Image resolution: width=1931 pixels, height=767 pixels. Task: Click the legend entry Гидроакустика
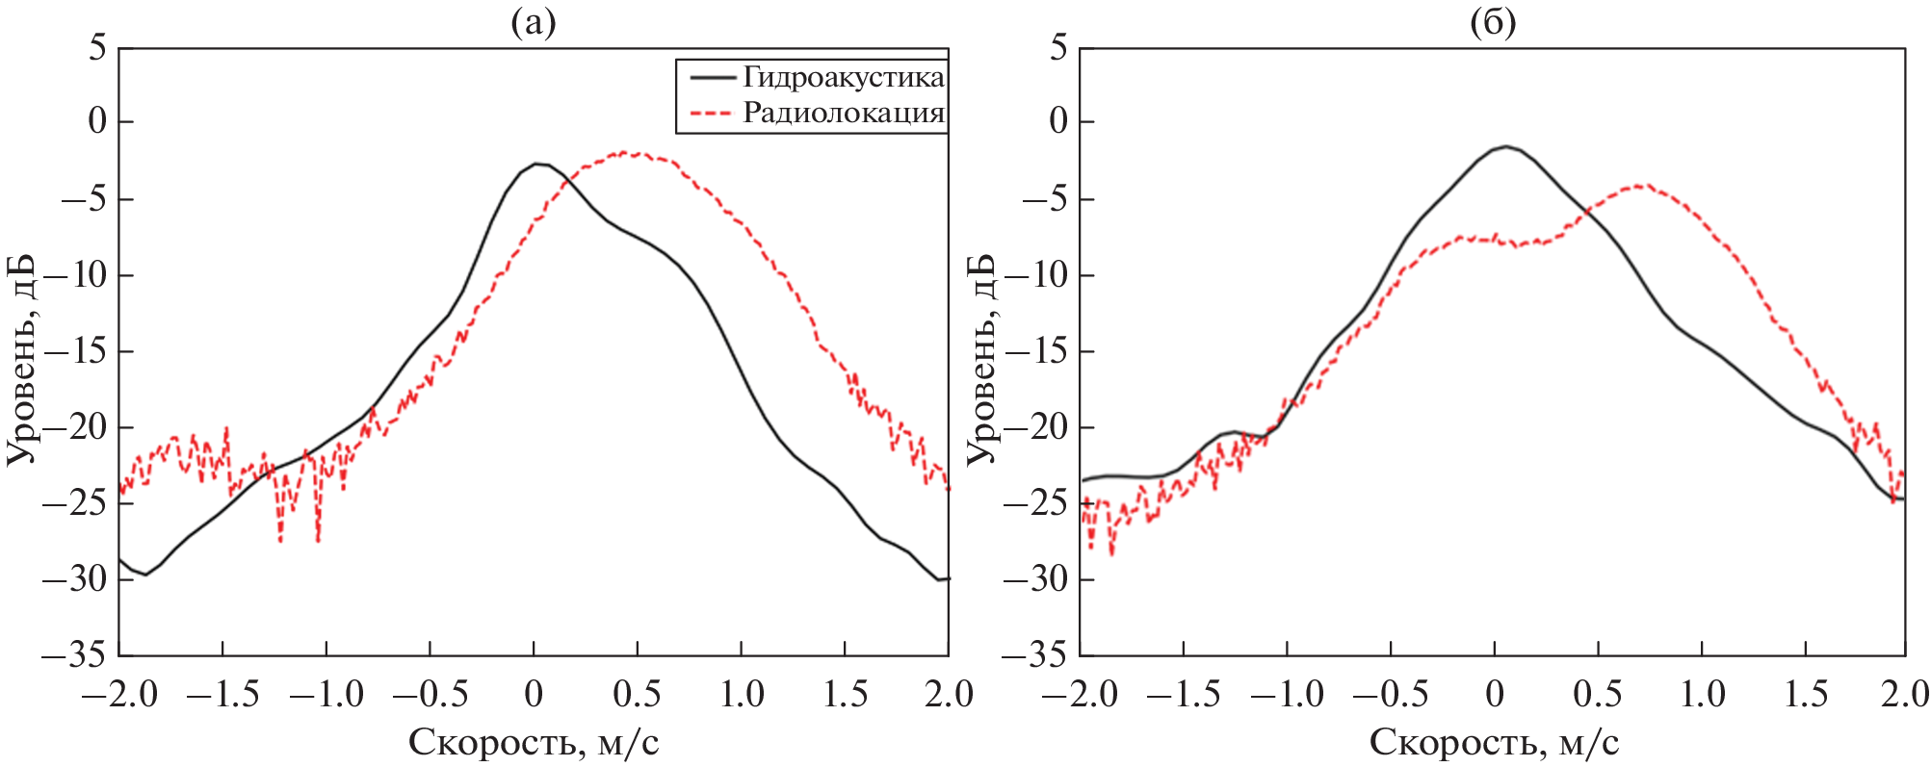pos(843,77)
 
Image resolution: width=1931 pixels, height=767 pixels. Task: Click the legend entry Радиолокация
pos(843,114)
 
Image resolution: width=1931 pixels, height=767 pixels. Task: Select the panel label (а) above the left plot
pos(533,21)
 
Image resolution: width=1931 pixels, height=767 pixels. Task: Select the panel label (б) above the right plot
pos(1493,21)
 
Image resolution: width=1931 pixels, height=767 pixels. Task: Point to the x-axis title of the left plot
pos(534,742)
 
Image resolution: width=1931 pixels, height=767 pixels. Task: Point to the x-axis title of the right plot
pos(1494,742)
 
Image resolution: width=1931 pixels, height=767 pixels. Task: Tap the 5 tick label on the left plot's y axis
pos(97,47)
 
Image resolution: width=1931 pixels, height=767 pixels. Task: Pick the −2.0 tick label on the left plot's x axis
pos(119,694)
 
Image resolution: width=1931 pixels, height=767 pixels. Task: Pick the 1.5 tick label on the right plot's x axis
pos(1806,694)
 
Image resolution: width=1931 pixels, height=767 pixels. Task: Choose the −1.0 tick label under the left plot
pos(326,694)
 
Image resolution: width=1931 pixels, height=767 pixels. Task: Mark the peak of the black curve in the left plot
pos(537,164)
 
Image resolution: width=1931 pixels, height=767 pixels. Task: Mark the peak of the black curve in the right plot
pos(1506,146)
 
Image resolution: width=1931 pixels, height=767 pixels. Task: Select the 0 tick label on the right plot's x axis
pos(1494,694)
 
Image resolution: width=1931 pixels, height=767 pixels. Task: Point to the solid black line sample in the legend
pos(710,77)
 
